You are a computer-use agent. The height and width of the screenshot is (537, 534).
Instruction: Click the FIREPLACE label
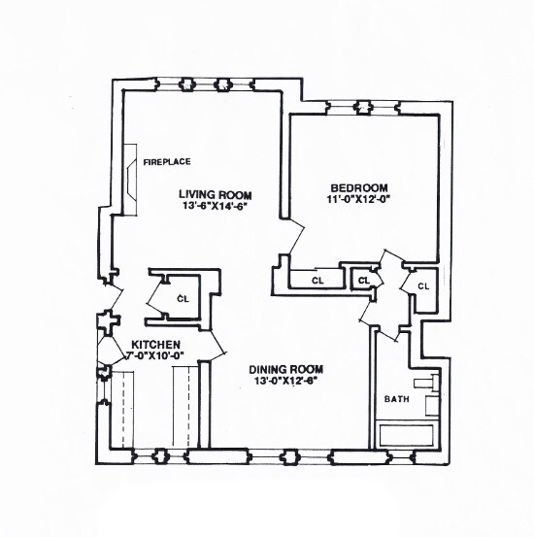pos(166,162)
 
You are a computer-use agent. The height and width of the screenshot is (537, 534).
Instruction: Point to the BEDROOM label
pos(359,187)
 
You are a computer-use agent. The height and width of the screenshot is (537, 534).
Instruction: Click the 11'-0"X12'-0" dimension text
pos(359,199)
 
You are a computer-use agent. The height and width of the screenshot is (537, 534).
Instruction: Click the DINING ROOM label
pos(284,369)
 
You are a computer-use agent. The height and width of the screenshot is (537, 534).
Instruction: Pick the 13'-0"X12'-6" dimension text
pos(284,381)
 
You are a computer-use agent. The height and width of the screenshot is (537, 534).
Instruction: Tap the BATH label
pos(395,399)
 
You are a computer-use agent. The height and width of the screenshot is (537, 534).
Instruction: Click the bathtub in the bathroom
pos(407,433)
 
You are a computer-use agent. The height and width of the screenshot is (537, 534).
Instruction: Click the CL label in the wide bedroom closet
pos(317,281)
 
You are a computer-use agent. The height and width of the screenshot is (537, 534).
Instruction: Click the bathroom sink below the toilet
pos(436,406)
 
